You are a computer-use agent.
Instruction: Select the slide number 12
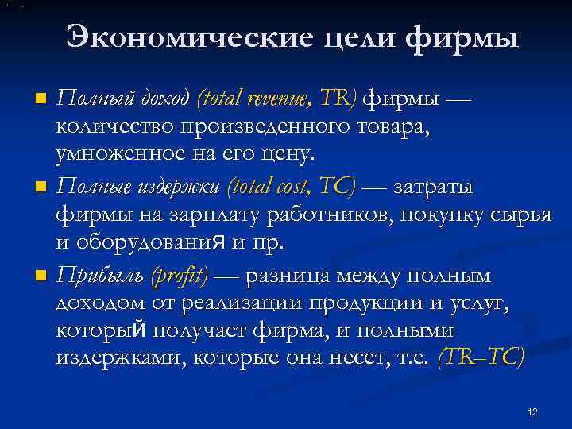(x=532, y=412)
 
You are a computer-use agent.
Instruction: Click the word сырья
(x=521, y=216)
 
